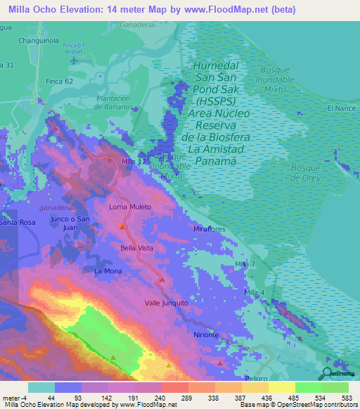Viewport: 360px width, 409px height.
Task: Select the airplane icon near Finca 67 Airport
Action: pyautogui.click(x=75, y=60)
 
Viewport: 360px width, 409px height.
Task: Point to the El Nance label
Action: pyautogui.click(x=339, y=108)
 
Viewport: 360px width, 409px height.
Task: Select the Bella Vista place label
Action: pyautogui.click(x=137, y=248)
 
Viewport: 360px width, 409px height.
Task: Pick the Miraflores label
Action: pyautogui.click(x=209, y=229)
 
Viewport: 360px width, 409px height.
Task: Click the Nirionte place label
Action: pyautogui.click(x=202, y=335)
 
